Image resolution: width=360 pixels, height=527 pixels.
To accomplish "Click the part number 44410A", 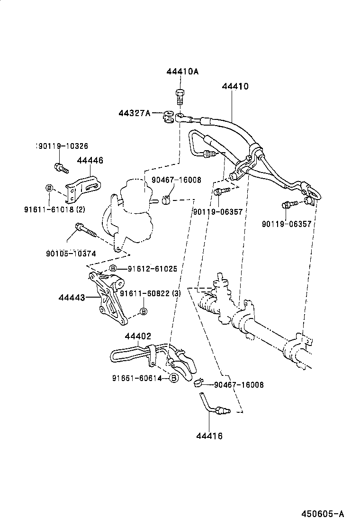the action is click(182, 71).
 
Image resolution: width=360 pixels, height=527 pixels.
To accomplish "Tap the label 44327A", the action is click(135, 113).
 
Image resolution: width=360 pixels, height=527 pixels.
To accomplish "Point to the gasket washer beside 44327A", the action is click(168, 117).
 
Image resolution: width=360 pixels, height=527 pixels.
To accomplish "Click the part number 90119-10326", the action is click(63, 146).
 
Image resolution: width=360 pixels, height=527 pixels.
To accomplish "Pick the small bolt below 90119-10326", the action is click(61, 167).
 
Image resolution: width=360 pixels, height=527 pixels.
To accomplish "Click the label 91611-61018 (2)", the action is click(54, 209).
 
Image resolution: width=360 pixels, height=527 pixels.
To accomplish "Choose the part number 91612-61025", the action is click(152, 269).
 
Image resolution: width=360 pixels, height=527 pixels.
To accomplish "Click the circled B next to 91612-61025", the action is click(113, 269).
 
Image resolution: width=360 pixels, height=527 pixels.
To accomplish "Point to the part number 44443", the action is click(72, 298).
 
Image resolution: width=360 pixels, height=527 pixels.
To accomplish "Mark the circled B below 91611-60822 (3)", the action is click(144, 311).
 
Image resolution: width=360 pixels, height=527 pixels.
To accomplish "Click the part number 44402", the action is click(138, 336).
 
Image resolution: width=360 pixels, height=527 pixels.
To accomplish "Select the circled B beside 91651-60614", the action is click(174, 378).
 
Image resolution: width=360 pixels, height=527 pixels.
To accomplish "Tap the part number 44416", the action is click(209, 436).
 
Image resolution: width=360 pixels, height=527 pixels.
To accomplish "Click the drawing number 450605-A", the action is click(323, 514).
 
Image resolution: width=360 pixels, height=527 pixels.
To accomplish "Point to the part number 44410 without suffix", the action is click(235, 86).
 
